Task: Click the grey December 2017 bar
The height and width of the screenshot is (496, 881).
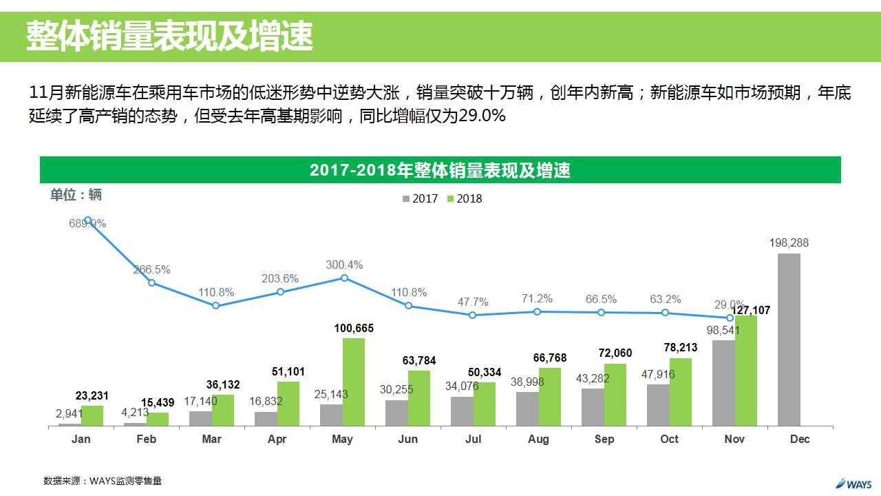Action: click(789, 340)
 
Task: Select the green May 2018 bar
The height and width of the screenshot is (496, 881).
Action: click(354, 382)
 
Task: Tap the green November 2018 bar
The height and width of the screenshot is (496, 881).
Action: click(745, 371)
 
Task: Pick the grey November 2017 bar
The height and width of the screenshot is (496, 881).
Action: click(723, 383)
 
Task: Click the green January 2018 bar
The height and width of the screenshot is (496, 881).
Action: click(92, 415)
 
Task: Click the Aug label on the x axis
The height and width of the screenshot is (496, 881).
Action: click(538, 439)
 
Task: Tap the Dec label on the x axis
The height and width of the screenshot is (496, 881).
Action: click(800, 439)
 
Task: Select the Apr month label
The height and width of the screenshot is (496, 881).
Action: click(277, 439)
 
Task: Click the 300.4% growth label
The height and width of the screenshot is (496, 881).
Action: click(345, 265)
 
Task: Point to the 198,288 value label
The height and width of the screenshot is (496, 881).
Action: click(789, 242)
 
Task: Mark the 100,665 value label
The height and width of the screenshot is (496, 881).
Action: click(354, 329)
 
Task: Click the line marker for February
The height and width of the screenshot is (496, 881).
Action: click(152, 282)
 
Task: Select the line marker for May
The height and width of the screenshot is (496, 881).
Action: click(345, 278)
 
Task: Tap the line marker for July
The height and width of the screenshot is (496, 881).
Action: click(473, 315)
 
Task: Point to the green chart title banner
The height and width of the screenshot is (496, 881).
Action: click(440, 170)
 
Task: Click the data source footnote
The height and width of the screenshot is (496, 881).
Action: click(103, 481)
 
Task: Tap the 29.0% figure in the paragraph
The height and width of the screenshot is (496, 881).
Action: click(482, 116)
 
